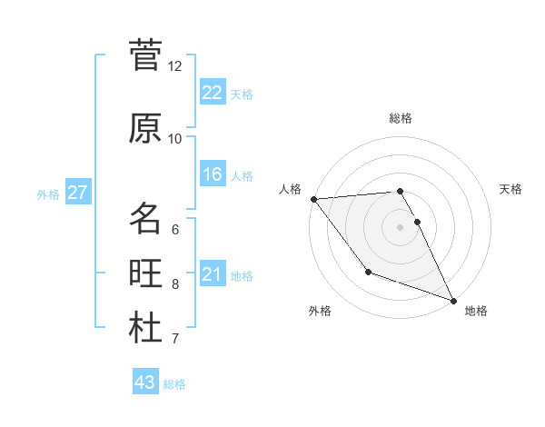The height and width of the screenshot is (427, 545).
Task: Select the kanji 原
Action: pos(145,128)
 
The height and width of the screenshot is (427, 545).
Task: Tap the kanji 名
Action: pos(145,218)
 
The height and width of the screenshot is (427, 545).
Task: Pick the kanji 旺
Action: pos(145,273)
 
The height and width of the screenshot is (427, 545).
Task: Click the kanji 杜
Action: pos(145,328)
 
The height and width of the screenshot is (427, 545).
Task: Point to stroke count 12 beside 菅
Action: pos(175,66)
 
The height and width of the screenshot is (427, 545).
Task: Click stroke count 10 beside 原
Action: pos(175,139)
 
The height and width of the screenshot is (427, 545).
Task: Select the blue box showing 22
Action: pos(212,92)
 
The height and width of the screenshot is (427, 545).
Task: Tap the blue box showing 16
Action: pos(212,174)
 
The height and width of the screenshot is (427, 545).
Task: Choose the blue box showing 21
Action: pos(212,274)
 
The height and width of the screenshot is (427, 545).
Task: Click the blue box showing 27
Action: pos(77,193)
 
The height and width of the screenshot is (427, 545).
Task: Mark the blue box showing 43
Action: pos(145,382)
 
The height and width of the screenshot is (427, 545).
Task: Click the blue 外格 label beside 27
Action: pos(47,194)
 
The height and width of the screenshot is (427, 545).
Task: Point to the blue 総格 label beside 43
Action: pos(175,384)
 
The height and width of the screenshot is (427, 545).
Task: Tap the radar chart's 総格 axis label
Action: pos(401,118)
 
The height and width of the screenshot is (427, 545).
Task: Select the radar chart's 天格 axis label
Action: pos(511,189)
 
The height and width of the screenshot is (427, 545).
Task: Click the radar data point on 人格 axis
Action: pos(313,199)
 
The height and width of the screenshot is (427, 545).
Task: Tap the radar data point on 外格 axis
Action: pos(368,272)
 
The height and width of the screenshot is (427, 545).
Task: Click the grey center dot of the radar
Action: pos(400,227)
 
